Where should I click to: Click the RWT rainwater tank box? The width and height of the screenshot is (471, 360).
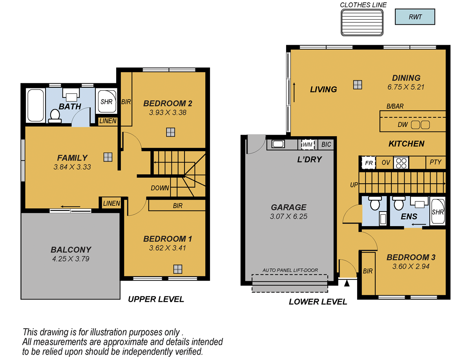click(415, 17)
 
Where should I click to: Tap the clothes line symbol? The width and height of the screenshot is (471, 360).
click(362, 23)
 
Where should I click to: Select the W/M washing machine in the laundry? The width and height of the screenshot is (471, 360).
click(307, 144)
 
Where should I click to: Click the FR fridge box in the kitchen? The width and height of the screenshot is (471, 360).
click(368, 162)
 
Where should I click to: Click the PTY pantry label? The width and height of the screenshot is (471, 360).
click(435, 162)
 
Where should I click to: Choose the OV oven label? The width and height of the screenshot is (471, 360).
click(386, 162)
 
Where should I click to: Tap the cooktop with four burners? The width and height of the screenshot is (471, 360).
click(401, 162)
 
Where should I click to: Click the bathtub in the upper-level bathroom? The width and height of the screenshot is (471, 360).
click(35, 105)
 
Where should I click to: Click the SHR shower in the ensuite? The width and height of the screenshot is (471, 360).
click(438, 212)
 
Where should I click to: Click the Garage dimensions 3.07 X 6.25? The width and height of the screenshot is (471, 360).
click(288, 216)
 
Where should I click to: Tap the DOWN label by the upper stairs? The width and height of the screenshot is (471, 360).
click(160, 188)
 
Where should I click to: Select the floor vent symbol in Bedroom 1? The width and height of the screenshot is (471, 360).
click(178, 269)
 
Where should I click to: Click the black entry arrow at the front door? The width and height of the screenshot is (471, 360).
click(347, 282)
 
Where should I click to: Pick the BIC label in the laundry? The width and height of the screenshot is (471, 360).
click(326, 144)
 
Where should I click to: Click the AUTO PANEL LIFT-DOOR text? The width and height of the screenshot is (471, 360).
click(290, 270)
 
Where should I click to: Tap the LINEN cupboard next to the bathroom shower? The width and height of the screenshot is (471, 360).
click(107, 121)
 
